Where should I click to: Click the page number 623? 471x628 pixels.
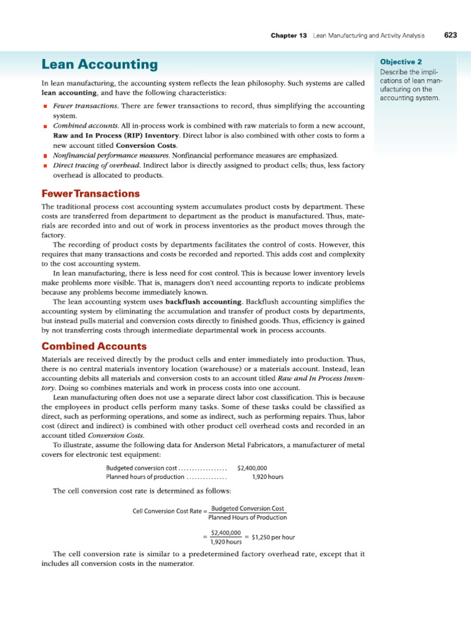tap(451, 36)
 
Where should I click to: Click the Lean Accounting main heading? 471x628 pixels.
tap(99, 64)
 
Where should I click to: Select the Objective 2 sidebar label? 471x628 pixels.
tap(401, 62)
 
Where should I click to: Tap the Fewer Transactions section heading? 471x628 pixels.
tap(90, 193)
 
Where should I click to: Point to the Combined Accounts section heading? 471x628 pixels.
tap(94, 347)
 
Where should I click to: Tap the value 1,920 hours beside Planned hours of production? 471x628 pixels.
tap(267, 477)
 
